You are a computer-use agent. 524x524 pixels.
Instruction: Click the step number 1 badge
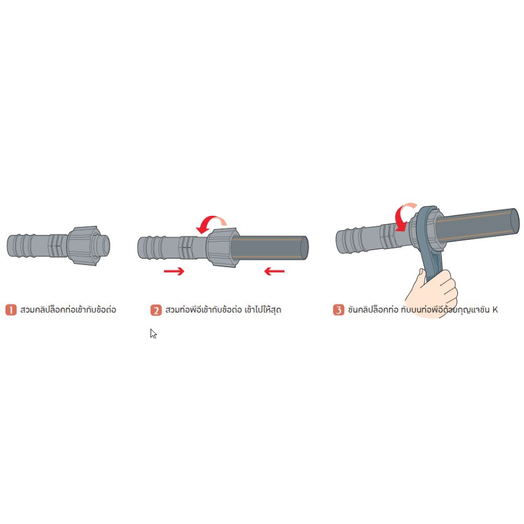point(11,310)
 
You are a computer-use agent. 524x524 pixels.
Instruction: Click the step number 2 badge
point(156,310)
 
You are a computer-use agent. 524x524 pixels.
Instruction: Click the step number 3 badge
point(338,310)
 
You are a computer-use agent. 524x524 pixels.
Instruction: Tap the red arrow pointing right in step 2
point(174,271)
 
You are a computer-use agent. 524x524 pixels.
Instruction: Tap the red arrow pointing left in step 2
point(275,271)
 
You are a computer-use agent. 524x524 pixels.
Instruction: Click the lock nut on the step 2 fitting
point(222,247)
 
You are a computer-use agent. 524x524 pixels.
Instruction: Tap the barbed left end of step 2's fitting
point(152,247)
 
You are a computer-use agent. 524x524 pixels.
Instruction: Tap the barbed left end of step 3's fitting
point(350,240)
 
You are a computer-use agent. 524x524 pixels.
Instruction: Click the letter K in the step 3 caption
point(495,310)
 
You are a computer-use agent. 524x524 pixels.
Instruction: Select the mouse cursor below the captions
point(153,333)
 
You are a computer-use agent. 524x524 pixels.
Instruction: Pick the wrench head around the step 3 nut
point(430,227)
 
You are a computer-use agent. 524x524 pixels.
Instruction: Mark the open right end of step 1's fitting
point(105,245)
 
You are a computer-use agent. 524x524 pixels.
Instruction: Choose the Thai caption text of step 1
point(68,310)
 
